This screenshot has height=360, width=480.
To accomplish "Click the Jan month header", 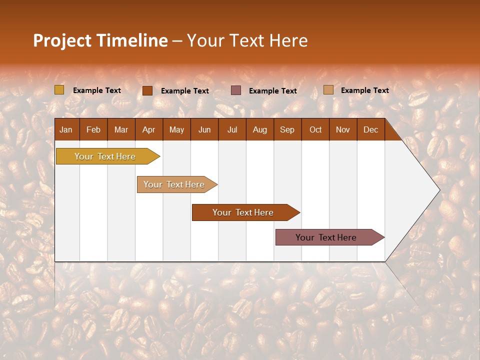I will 66,129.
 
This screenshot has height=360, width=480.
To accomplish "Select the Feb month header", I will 93,129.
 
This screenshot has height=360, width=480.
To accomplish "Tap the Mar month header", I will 121,129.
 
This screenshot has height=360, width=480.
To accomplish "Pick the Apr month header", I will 149,129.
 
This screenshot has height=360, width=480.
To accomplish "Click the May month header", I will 176,129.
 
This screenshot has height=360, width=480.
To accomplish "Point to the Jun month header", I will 204,129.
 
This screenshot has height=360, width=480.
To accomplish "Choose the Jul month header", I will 232,129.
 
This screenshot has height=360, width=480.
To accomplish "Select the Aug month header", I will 260,129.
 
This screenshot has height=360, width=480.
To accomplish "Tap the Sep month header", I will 287,129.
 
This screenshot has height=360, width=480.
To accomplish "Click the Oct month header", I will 315,129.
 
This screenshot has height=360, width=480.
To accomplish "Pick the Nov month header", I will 343,129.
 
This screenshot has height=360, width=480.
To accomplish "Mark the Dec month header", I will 371,129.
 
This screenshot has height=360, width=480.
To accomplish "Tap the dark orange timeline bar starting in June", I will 243,212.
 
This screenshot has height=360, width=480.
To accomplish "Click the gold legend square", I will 59,90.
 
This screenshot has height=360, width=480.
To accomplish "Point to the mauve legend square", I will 236,90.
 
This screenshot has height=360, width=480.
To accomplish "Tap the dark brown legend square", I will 147,90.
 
